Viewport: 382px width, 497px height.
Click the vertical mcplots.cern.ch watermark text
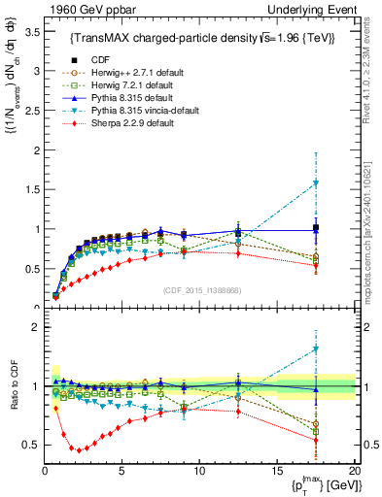(x=373, y=243)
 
